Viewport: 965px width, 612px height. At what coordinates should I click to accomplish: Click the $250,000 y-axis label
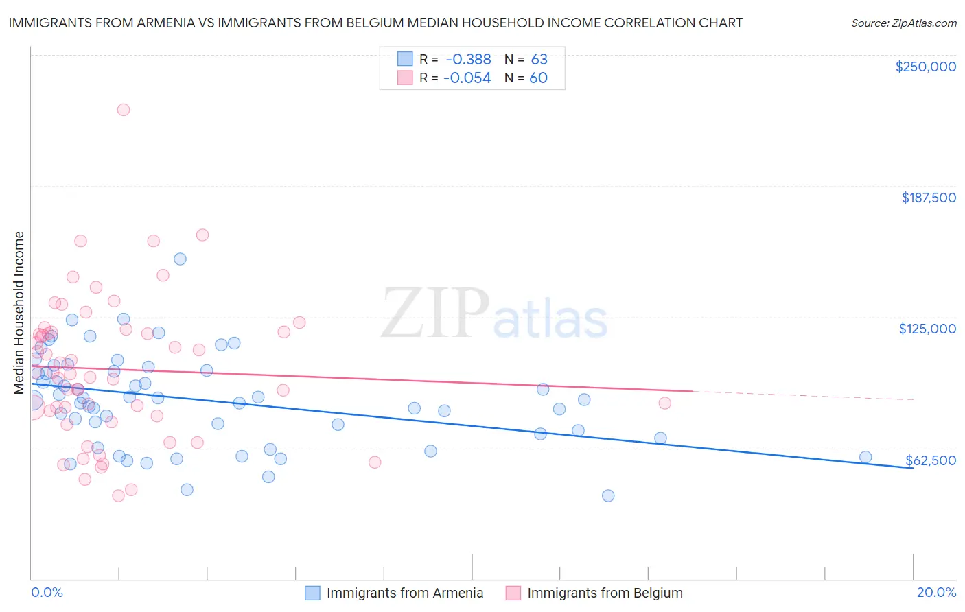click(x=925, y=67)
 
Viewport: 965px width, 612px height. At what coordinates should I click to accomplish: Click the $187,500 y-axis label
click(x=928, y=198)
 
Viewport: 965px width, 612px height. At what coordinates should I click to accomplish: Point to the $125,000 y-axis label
click(x=927, y=329)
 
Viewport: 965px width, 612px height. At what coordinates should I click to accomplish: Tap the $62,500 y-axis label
click(x=931, y=460)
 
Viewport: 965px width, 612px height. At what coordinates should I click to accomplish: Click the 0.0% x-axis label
click(x=47, y=592)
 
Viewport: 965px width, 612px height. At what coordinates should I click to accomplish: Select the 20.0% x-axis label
click(x=936, y=592)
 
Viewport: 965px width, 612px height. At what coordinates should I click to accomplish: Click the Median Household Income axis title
click(x=19, y=313)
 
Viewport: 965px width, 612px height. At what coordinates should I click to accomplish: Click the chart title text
click(x=375, y=23)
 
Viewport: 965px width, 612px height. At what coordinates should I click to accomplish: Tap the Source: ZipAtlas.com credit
click(x=903, y=23)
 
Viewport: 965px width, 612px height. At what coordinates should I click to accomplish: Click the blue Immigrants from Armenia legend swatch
click(x=312, y=593)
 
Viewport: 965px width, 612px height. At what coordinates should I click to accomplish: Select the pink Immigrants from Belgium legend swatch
click(x=513, y=593)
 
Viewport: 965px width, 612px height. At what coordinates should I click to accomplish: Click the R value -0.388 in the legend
click(x=467, y=60)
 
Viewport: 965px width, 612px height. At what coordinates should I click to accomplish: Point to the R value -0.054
click(x=467, y=78)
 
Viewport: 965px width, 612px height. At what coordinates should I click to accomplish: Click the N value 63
click(x=539, y=60)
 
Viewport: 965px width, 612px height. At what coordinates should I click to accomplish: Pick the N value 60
click(x=539, y=78)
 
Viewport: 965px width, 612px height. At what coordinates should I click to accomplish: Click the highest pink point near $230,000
click(x=124, y=110)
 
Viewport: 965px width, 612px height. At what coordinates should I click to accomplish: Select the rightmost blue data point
click(x=865, y=457)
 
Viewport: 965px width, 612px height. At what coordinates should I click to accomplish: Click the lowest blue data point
click(x=608, y=495)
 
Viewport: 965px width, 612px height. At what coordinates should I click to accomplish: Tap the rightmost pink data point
click(x=664, y=403)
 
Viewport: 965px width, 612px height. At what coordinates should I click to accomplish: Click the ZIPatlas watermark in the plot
click(x=494, y=314)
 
